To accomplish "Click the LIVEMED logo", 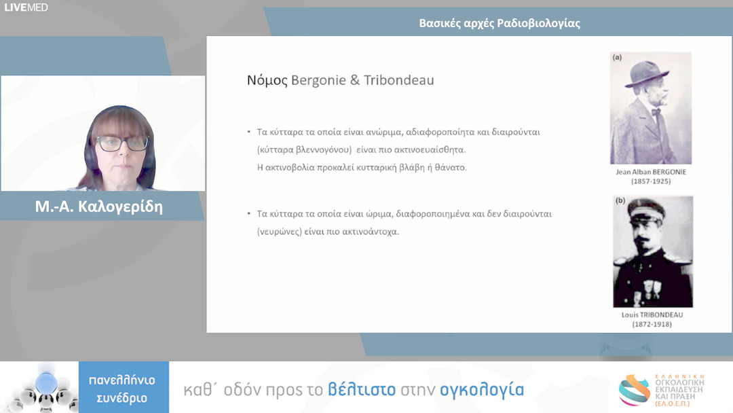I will click(26, 7).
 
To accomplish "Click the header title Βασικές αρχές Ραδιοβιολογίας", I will click(500, 24).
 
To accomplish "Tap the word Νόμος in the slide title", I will click(267, 80).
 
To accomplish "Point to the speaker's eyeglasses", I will click(121, 143).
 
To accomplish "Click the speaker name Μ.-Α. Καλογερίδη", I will click(99, 206).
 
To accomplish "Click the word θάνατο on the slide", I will click(451, 166).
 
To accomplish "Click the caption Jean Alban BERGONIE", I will click(650, 173).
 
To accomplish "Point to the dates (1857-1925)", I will click(650, 182).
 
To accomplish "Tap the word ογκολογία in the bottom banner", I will click(482, 390).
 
